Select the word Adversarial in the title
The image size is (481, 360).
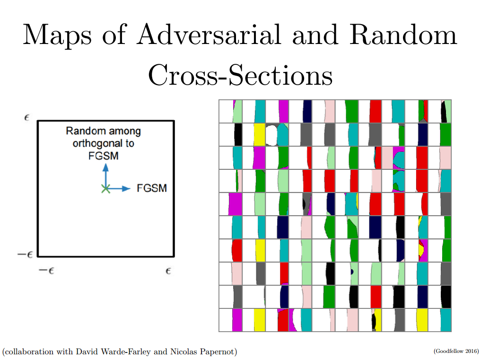click(x=209, y=35)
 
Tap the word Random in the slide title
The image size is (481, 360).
click(x=403, y=35)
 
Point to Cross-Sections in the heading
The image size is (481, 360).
click(x=240, y=75)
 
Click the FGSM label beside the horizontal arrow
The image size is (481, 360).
click(x=152, y=188)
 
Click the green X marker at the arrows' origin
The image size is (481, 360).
click(x=106, y=189)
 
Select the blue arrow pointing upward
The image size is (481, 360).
click(x=106, y=176)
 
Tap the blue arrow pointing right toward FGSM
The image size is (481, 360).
click(x=118, y=188)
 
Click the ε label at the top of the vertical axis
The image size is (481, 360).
click(x=26, y=117)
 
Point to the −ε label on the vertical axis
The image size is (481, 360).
click(x=25, y=255)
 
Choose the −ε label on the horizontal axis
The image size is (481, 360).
click(x=46, y=271)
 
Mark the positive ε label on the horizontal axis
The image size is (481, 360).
click(x=168, y=271)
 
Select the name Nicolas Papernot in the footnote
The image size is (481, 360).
click(x=202, y=351)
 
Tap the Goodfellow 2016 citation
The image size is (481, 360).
click(x=456, y=351)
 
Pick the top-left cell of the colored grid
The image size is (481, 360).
click(x=231, y=112)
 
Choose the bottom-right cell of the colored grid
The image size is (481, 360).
click(x=439, y=320)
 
